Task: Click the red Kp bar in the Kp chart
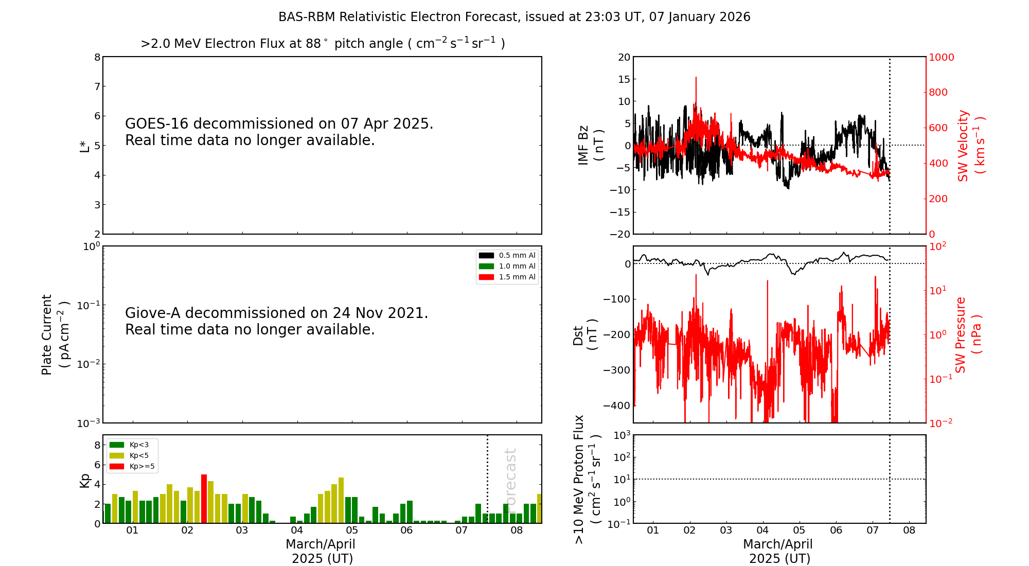click(x=204, y=498)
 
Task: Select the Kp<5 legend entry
click(x=132, y=455)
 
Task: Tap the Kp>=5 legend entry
click(x=132, y=466)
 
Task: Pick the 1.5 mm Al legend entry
click(x=507, y=277)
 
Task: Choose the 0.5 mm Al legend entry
click(x=507, y=255)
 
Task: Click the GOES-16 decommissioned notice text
click(x=279, y=132)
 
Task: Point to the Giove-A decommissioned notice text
click(x=276, y=321)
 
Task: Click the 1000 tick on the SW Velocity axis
click(x=941, y=57)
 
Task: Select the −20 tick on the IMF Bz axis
click(x=619, y=234)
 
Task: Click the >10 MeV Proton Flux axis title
click(x=587, y=479)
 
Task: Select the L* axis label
click(x=84, y=146)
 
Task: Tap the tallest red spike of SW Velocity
click(x=696, y=78)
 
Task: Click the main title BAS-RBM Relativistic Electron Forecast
click(x=514, y=17)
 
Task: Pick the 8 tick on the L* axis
click(x=97, y=57)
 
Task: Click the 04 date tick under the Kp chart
click(x=297, y=530)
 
